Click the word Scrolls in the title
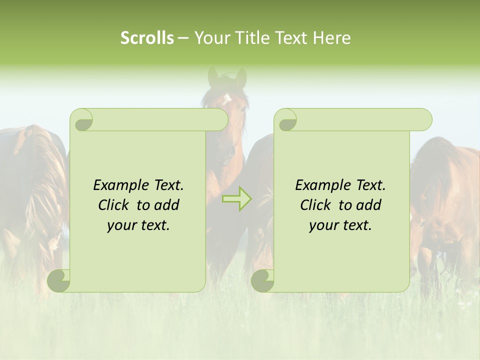147,38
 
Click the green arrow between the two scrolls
237,199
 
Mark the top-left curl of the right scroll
286,120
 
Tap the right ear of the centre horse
241,77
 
